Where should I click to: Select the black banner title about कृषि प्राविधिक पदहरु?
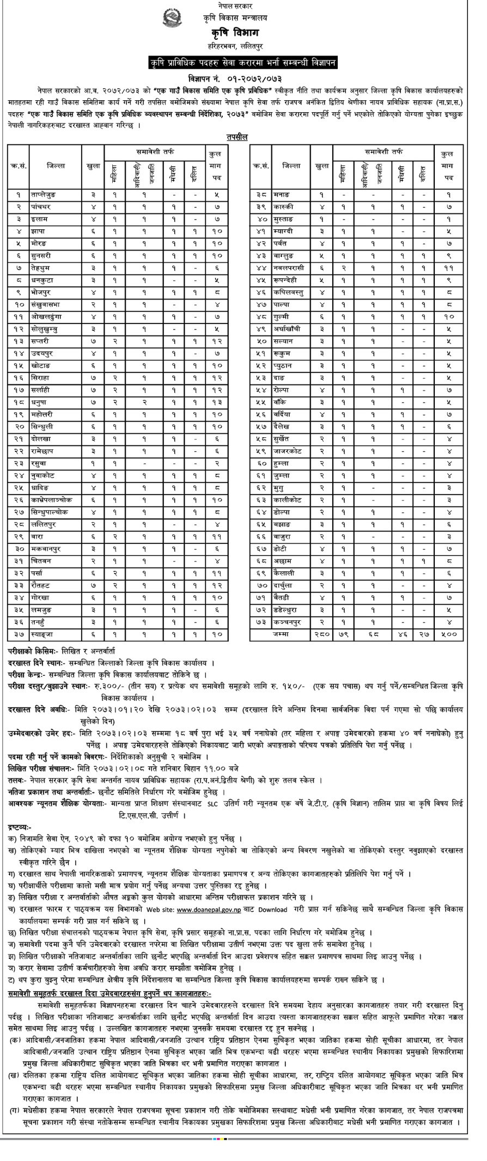click(x=243, y=63)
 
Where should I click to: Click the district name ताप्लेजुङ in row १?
click(x=44, y=194)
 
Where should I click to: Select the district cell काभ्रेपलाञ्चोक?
click(x=52, y=499)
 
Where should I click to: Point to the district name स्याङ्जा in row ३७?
click(x=43, y=634)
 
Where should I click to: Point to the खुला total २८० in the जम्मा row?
click(x=322, y=634)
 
